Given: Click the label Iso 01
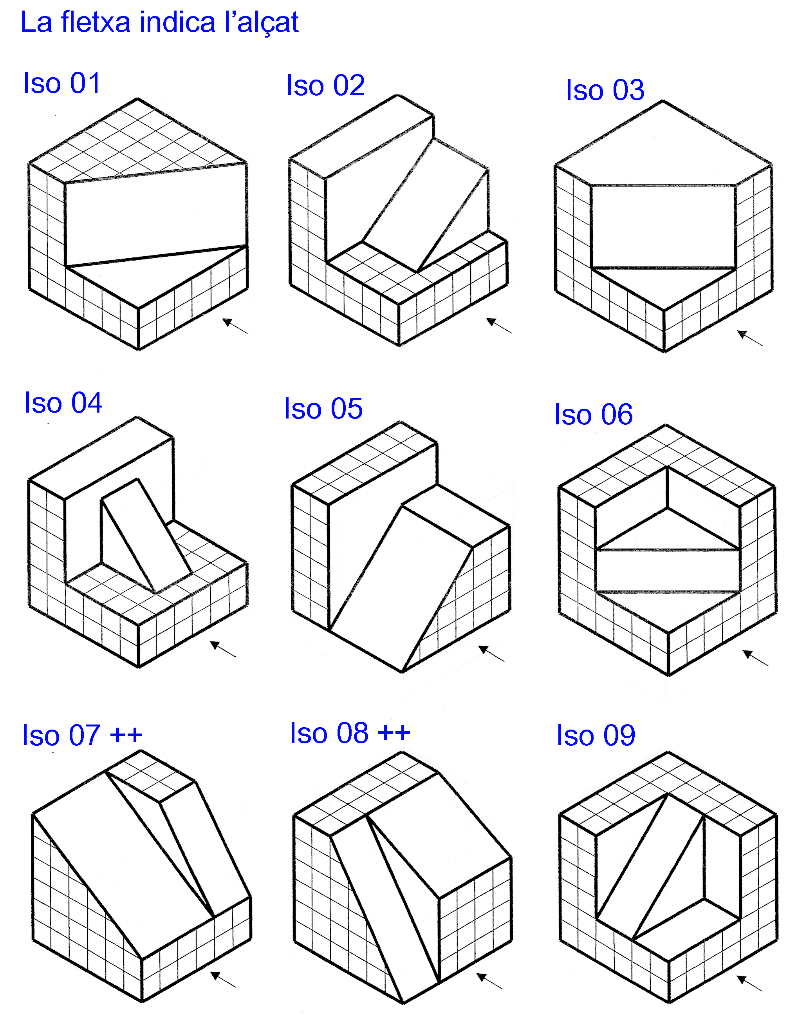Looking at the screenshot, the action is pos(62,83).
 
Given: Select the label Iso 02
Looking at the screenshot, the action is pos(326,85).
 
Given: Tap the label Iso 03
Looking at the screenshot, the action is pos(605,90).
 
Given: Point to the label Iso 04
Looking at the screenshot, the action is pos(63,403).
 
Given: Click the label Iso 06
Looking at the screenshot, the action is pos(593,415).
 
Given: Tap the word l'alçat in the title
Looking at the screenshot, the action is pos(262,23).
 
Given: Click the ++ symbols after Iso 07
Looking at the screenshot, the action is pos(126,735).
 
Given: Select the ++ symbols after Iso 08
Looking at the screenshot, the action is pos(394,733).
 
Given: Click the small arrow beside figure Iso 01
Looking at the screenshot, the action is pos(235,326).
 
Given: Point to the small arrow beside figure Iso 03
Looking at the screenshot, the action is pos(749,338).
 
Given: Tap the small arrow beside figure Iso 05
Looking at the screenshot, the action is pos(491,654).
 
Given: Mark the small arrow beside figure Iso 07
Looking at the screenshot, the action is pos(223,979).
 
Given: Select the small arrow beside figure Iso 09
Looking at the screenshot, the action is pos(749,983).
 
